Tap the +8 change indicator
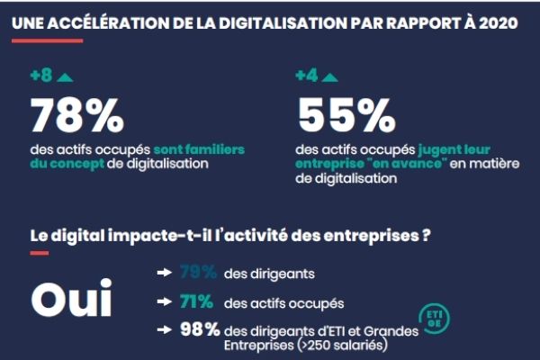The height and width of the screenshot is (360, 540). click(x=41, y=76)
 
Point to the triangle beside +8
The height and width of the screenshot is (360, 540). click(x=64, y=76)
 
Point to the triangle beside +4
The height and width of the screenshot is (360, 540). click(x=328, y=76)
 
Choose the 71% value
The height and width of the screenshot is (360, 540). click(x=198, y=301)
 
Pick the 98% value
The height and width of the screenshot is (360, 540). click(x=199, y=328)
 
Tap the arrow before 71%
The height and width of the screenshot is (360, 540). click(x=165, y=301)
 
